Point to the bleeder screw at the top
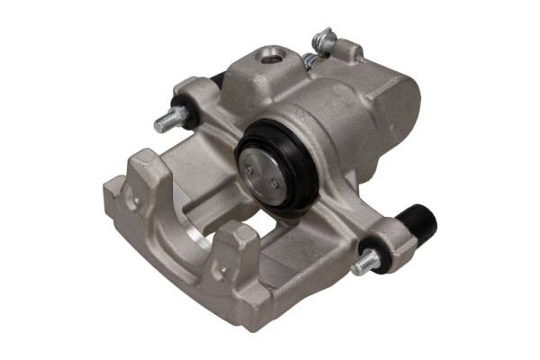coord(325,40)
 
